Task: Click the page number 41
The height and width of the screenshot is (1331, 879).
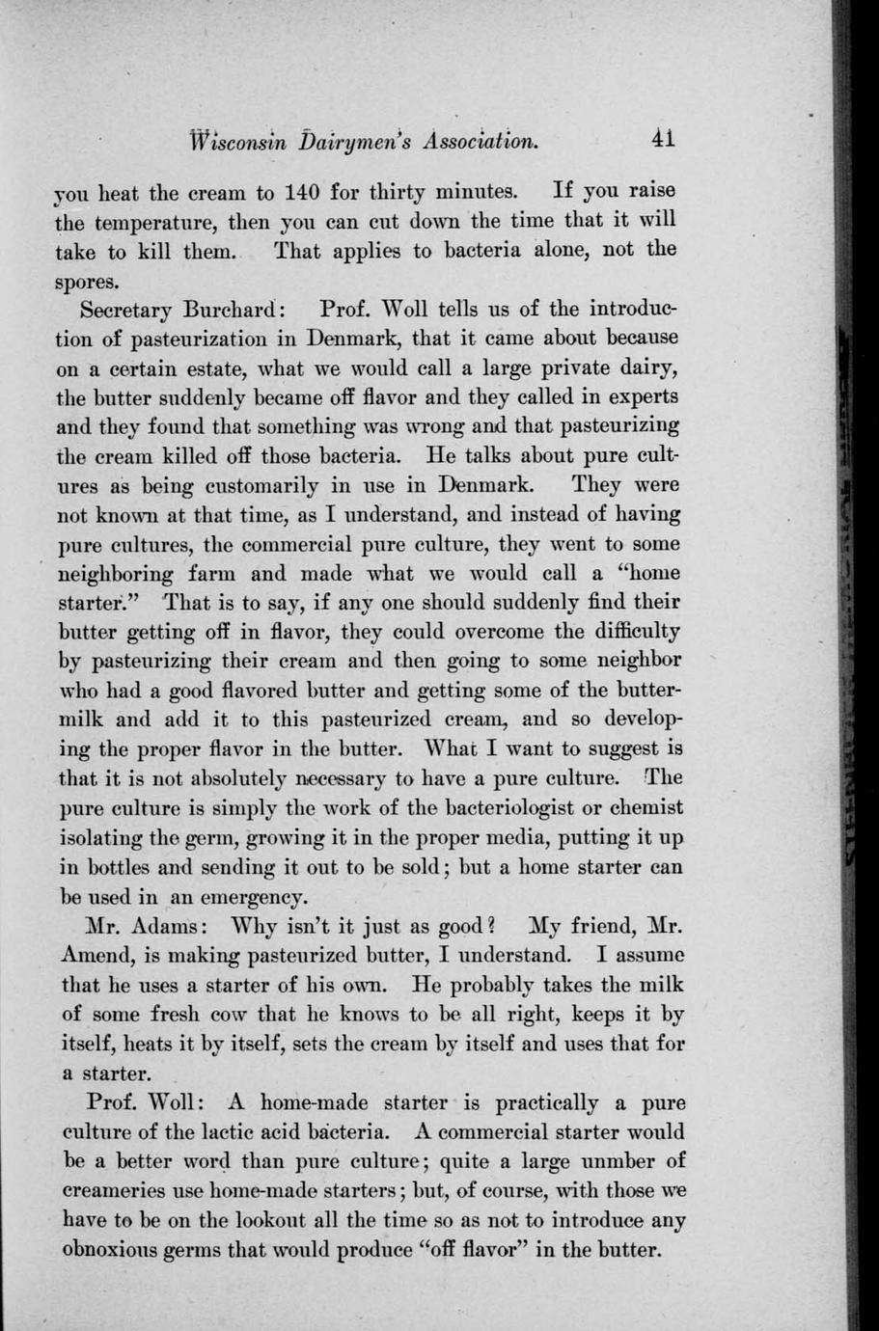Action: coord(662,139)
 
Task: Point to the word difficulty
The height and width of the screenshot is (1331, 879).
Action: coord(632,632)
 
